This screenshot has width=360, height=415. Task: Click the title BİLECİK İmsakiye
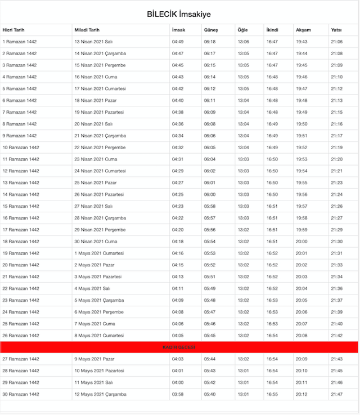179,14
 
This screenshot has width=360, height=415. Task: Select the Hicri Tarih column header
13,30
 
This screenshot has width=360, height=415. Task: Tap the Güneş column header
211,30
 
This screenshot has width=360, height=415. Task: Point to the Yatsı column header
337,30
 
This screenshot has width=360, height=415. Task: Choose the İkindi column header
273,30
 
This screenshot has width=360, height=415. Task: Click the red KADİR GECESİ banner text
179,347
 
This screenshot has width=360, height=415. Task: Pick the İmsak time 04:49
177,42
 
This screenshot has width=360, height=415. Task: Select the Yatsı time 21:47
337,394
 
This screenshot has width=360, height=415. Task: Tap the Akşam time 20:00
301,242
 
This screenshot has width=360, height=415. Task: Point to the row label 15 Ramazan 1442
21,206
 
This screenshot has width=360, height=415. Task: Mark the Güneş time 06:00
210,194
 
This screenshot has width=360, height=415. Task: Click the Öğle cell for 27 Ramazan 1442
243,359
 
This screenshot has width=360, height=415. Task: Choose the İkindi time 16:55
272,394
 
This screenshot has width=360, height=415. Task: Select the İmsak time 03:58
177,394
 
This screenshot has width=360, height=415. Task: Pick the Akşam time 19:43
301,42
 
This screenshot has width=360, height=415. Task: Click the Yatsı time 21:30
337,242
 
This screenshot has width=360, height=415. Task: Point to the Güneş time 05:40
210,394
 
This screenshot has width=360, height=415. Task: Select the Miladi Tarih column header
87,30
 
